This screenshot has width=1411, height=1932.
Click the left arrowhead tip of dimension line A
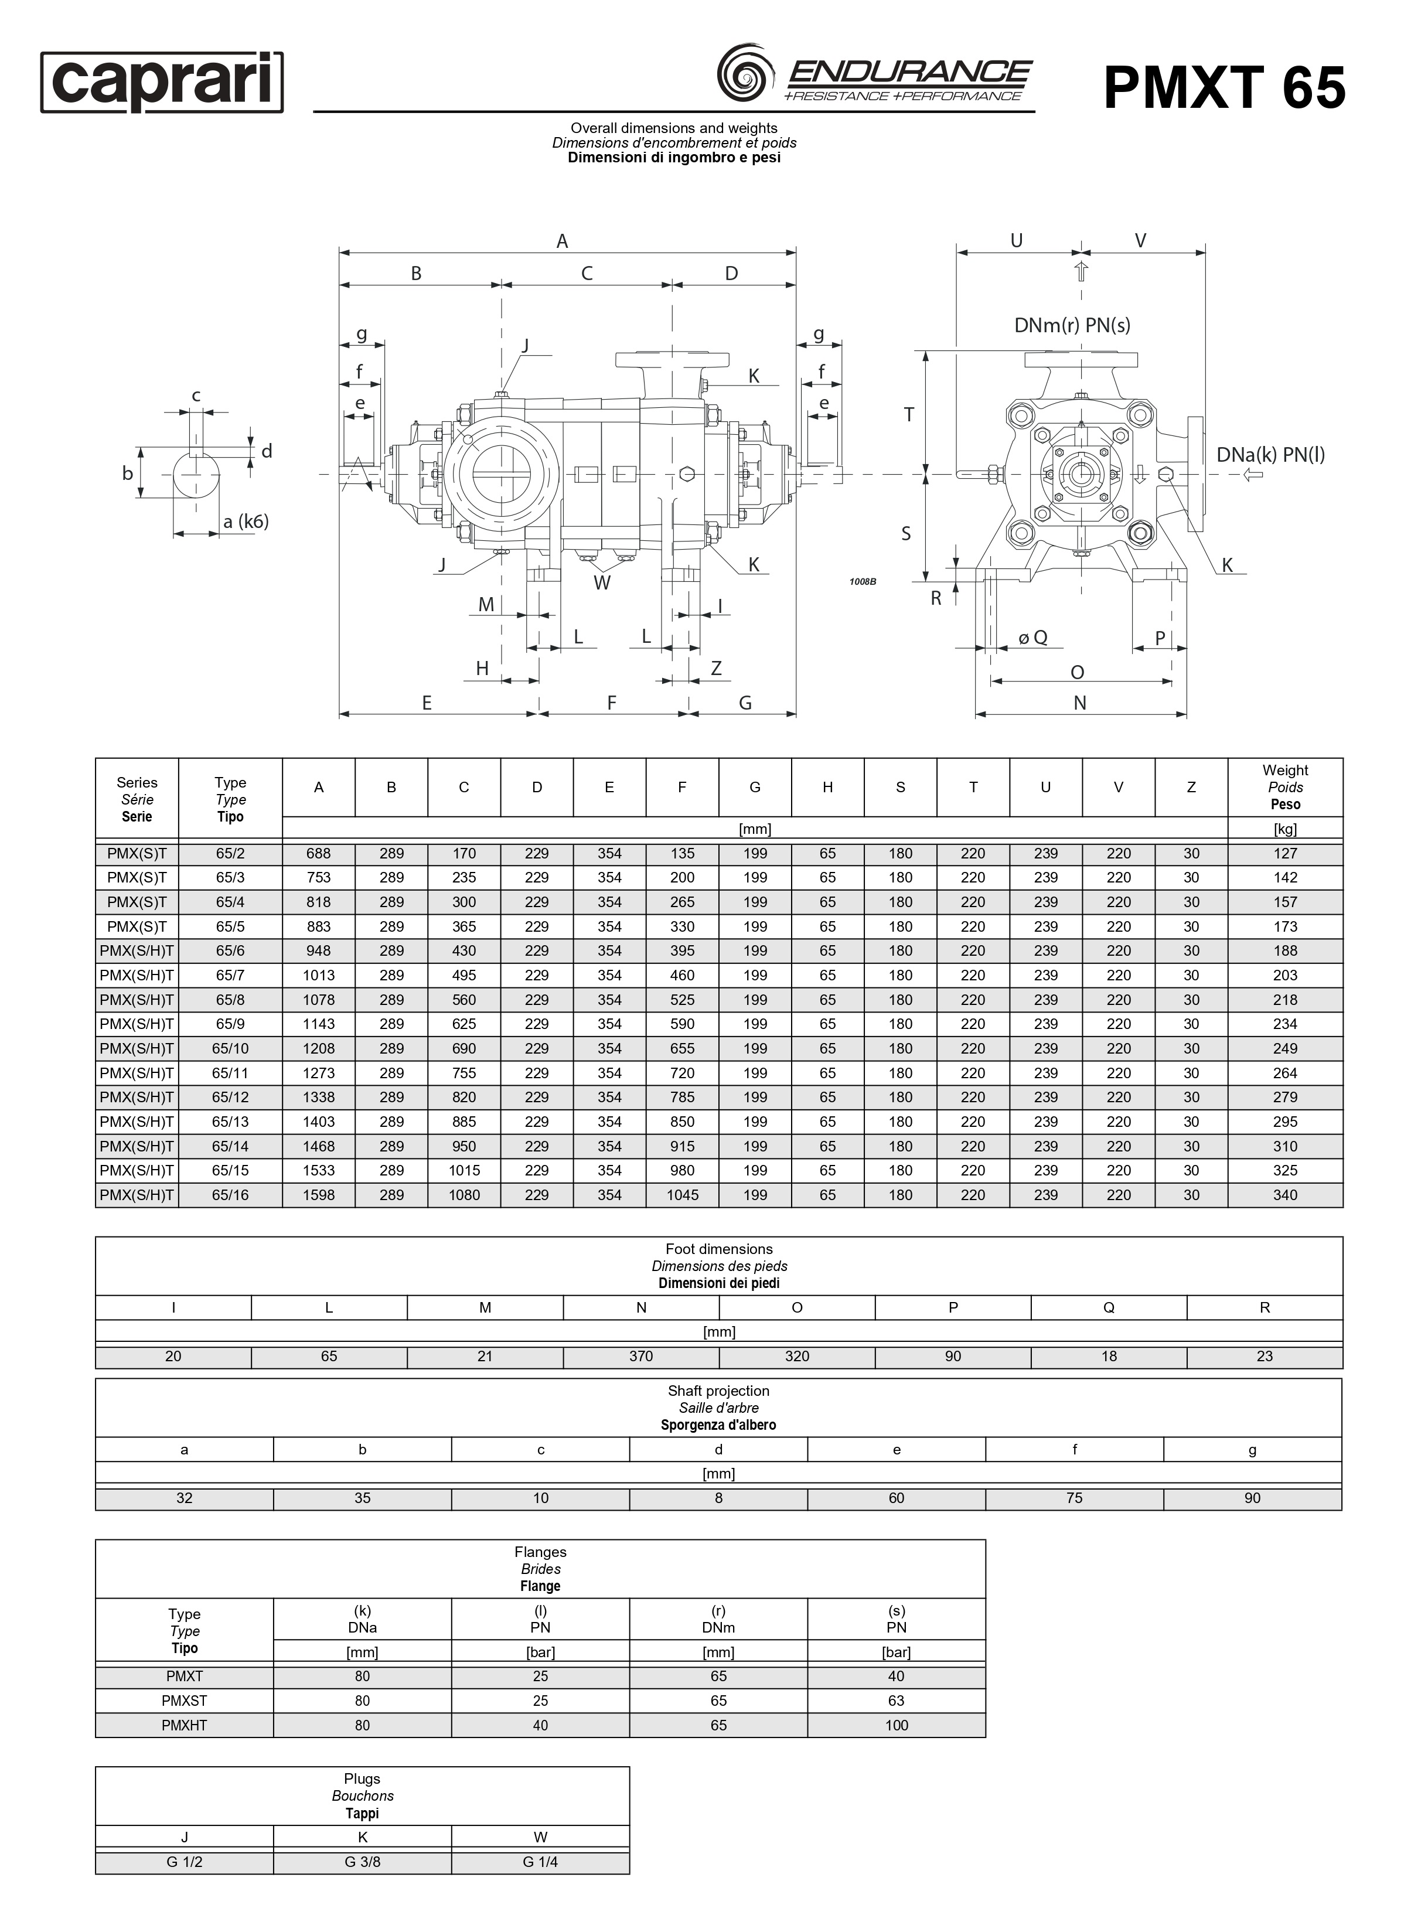click(340, 252)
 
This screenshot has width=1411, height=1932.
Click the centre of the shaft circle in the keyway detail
click(196, 474)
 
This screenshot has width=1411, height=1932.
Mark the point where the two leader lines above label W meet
click(602, 571)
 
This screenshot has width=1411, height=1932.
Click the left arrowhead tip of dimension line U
click(957, 253)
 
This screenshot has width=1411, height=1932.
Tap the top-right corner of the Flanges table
click(986, 1540)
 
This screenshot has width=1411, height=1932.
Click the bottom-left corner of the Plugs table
click(96, 1874)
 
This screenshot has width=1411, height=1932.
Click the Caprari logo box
click(162, 82)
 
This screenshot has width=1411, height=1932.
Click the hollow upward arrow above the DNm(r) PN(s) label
click(1081, 272)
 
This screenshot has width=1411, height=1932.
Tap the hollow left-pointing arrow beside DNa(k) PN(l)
click(1253, 474)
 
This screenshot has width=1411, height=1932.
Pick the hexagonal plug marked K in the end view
click(1166, 474)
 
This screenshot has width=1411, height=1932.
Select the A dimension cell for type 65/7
click(319, 974)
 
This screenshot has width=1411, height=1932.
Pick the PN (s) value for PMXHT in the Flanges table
click(897, 1725)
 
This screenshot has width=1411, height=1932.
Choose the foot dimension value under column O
click(797, 1355)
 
